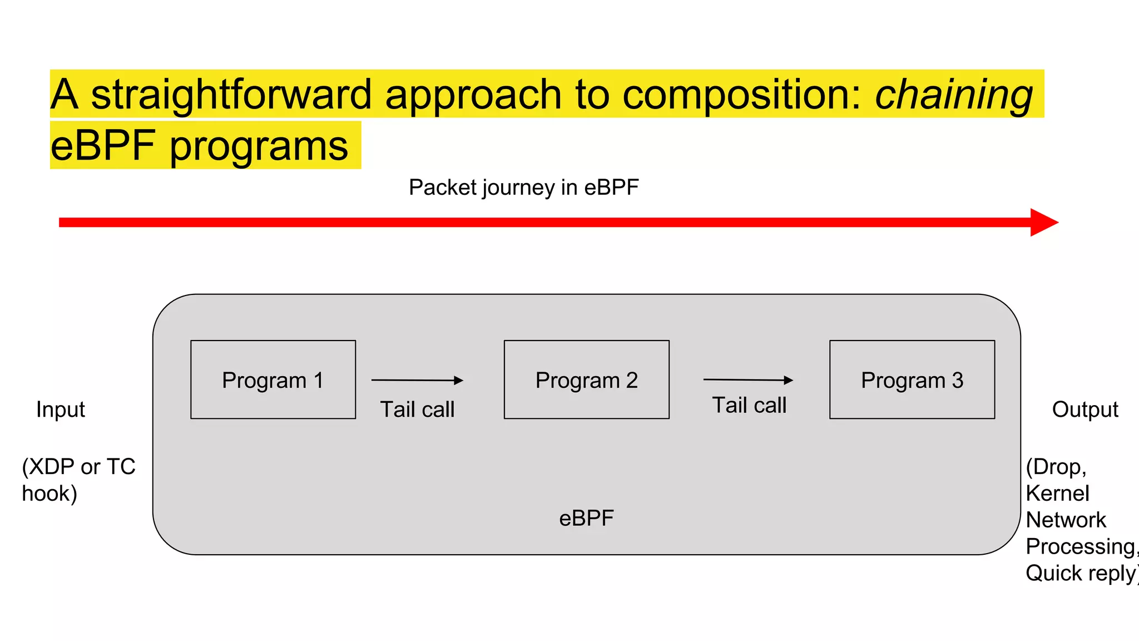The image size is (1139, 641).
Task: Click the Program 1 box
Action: [x=273, y=379]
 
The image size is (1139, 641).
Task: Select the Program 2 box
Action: [x=586, y=379]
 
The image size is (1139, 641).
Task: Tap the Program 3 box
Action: [x=912, y=379]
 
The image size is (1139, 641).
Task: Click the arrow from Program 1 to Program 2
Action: [x=417, y=381]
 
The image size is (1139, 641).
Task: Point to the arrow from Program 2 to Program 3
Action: [x=748, y=380]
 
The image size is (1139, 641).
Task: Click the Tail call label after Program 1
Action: [x=417, y=410]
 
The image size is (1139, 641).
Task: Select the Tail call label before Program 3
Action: [x=749, y=405]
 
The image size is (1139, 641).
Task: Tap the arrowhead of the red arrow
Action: [x=1043, y=223]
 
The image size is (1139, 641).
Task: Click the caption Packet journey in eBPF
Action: [x=523, y=188]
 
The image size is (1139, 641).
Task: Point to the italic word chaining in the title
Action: [x=954, y=95]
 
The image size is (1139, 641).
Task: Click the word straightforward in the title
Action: [x=231, y=95]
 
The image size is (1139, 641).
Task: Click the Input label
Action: [x=61, y=410]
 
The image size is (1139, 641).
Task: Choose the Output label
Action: [x=1084, y=410]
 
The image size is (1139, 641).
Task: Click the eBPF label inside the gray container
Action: [x=586, y=518]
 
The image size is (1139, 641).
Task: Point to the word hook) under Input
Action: [x=49, y=494]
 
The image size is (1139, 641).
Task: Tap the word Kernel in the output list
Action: [x=1057, y=494]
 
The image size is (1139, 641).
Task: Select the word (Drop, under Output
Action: [x=1056, y=467]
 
